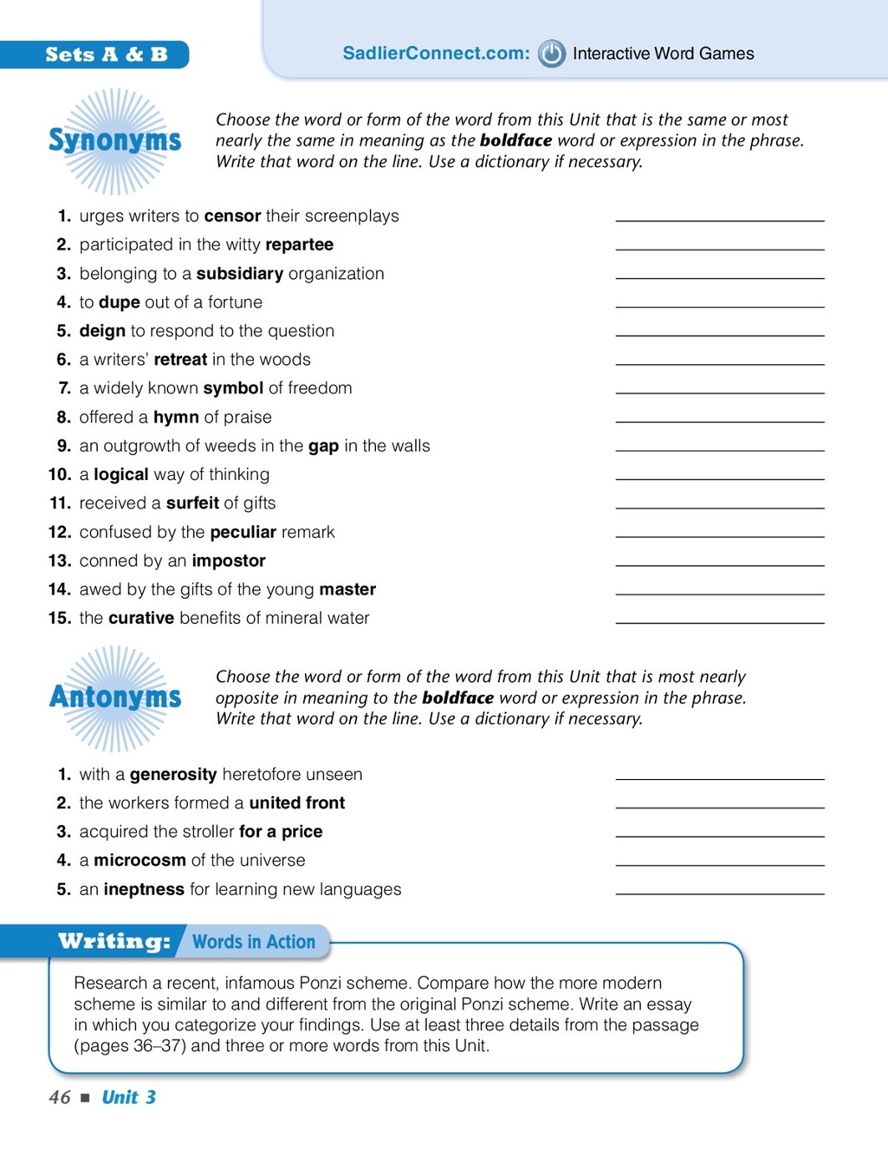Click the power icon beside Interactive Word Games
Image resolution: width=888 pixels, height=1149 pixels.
tap(551, 53)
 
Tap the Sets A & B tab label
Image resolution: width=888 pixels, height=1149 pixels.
tap(106, 55)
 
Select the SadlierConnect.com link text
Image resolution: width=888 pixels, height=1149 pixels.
tap(436, 53)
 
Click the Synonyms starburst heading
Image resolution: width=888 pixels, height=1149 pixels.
tap(114, 140)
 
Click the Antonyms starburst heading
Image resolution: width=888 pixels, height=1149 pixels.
tap(115, 697)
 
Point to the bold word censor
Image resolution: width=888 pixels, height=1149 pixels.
tap(232, 216)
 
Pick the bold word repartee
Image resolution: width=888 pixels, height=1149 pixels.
tap(299, 245)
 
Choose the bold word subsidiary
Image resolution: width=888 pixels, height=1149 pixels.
tap(240, 274)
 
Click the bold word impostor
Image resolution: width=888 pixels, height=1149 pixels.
tap(228, 561)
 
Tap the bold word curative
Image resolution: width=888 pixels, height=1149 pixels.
tap(141, 618)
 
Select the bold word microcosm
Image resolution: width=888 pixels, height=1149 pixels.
tap(140, 860)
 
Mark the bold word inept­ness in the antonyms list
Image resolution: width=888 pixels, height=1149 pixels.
tap(144, 889)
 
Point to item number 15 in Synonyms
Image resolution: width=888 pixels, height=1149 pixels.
tap(59, 618)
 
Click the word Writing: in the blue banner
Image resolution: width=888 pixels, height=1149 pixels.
tap(114, 942)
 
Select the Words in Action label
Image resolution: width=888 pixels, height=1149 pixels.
tap(254, 942)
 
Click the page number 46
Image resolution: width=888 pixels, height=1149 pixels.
tap(59, 1097)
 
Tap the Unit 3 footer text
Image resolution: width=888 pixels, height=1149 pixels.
tap(129, 1097)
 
